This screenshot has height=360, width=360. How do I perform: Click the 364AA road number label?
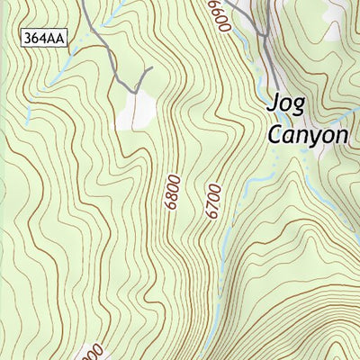[x=45, y=38]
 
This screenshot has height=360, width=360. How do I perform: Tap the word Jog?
[x=286, y=103]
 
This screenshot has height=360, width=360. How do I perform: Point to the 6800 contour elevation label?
[x=173, y=193]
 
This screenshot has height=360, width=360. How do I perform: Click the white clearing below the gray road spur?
[x=138, y=111]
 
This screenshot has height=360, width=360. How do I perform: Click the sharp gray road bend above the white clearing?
[x=135, y=91]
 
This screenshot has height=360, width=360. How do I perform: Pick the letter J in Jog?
[x=274, y=103]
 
